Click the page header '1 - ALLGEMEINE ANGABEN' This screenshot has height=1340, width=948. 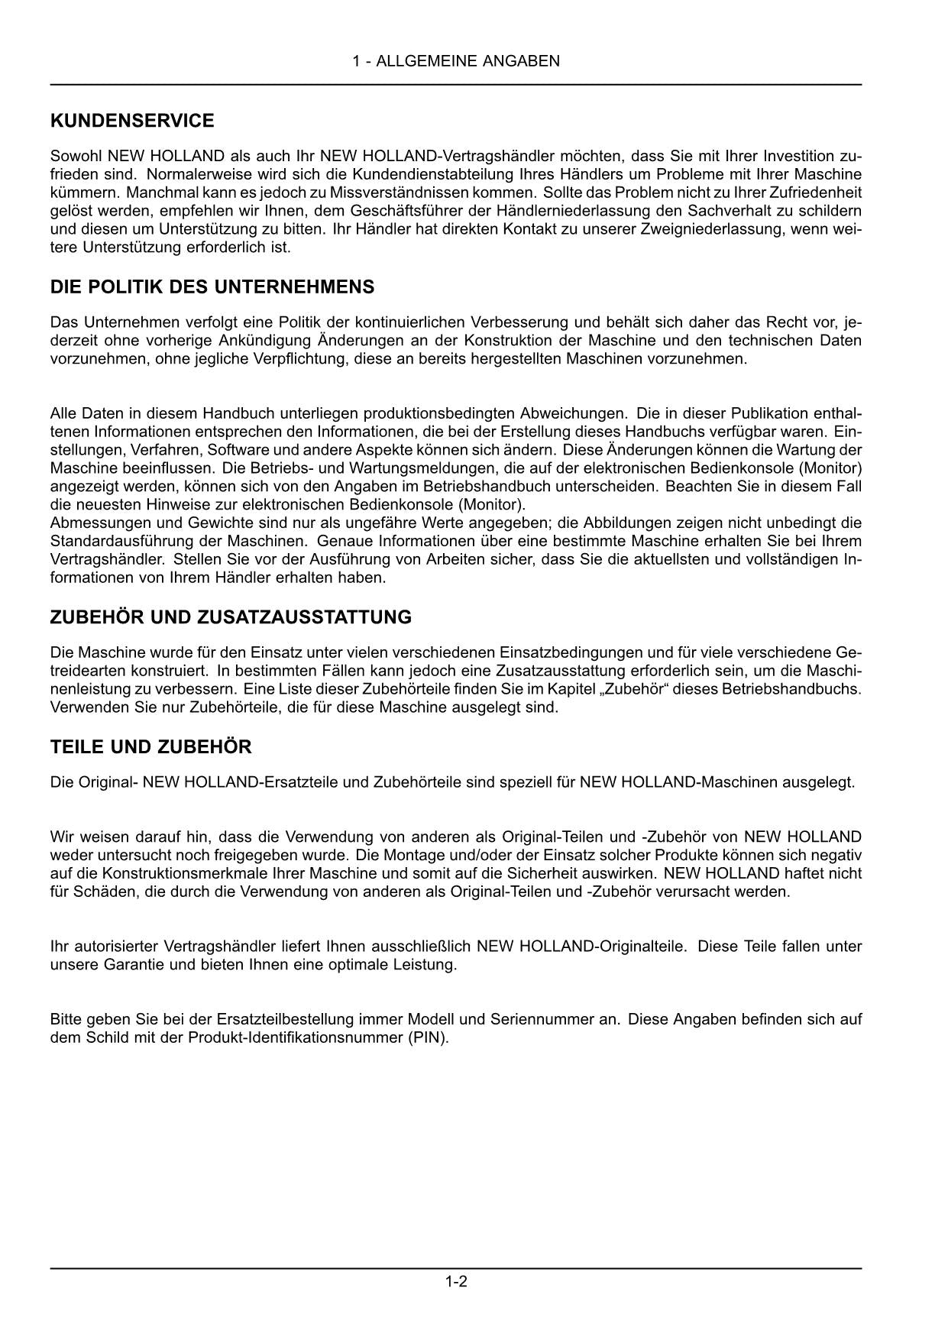pos(456,61)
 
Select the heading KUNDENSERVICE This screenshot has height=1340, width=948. pos(132,121)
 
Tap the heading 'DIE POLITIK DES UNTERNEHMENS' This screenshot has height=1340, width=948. pos(212,287)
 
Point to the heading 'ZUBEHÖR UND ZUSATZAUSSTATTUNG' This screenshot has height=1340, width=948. pos(231,617)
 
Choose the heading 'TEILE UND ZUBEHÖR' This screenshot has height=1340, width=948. pos(150,746)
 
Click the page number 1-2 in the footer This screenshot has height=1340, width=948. pos(456,1281)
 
